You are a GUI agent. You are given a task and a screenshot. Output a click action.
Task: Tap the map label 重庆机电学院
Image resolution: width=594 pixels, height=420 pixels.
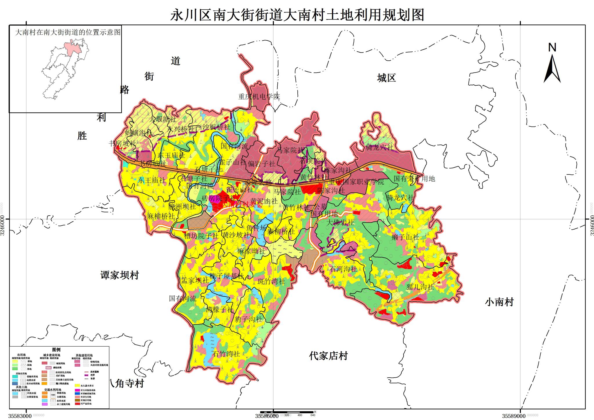click(259, 96)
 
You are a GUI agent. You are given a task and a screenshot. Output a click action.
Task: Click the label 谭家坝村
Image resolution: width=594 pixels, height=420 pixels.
click(120, 275)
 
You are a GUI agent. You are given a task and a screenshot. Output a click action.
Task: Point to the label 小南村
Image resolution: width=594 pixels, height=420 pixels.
click(499, 302)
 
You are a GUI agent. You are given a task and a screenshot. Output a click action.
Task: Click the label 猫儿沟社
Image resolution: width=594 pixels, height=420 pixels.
click(420, 287)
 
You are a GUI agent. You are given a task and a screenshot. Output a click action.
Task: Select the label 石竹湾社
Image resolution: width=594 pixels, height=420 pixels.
click(226, 354)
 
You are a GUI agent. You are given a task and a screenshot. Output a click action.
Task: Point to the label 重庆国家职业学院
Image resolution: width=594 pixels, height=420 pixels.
click(356, 182)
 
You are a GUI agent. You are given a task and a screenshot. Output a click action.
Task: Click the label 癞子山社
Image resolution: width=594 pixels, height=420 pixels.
click(405, 237)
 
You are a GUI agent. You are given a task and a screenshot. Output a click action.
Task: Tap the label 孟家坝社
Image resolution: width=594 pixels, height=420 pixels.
click(195, 280)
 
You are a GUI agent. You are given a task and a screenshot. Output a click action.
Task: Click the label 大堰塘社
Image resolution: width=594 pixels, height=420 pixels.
click(163, 119)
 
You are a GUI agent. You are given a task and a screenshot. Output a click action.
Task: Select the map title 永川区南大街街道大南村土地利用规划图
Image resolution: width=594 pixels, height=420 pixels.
click(297, 15)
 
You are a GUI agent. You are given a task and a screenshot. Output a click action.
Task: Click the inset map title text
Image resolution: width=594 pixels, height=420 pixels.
click(68, 32)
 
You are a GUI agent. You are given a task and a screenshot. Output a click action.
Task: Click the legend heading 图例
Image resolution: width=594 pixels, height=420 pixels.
click(56, 350)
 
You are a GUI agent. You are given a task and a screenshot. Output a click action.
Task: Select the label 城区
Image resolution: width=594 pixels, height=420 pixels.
click(386, 78)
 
